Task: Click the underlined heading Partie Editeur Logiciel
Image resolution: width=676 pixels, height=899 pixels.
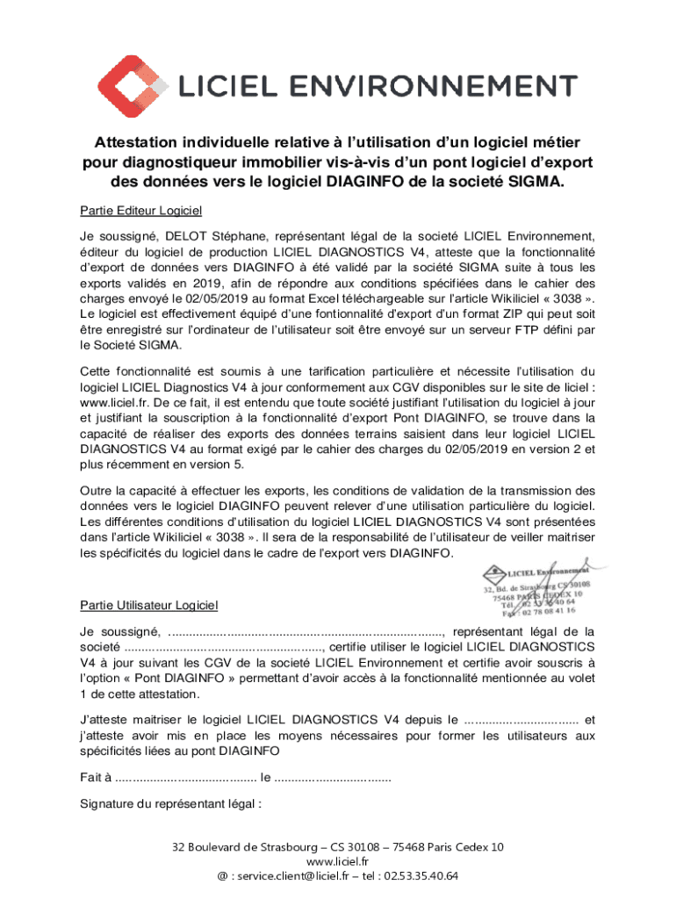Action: tap(140, 211)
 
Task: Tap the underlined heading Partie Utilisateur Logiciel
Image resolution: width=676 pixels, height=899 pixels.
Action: tap(148, 605)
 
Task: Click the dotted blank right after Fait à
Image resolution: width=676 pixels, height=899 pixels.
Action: tap(186, 777)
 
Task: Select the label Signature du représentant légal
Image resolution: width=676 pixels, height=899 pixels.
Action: tap(171, 803)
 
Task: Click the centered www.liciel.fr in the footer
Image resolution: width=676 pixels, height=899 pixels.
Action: tap(337, 862)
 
